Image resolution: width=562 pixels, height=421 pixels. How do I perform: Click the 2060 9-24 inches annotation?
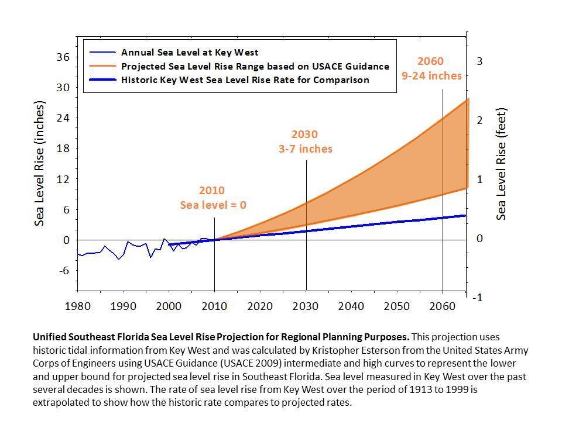[431, 68]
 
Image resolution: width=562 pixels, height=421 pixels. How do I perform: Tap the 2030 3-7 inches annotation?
[305, 142]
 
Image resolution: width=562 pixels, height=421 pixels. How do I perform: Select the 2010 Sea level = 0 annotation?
[213, 198]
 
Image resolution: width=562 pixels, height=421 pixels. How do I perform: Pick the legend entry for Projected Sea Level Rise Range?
[255, 66]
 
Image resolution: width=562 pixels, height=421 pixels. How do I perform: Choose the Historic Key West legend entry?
[245, 80]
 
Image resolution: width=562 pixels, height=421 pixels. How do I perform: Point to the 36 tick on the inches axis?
[62, 57]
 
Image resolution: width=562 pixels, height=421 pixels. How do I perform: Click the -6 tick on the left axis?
[63, 270]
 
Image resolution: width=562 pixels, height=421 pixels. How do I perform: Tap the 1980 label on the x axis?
[78, 306]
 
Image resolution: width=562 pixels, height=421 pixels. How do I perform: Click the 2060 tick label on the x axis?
[443, 306]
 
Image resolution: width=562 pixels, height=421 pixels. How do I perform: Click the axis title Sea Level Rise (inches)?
[40, 164]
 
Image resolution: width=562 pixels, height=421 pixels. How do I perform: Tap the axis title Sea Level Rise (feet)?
[501, 164]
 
